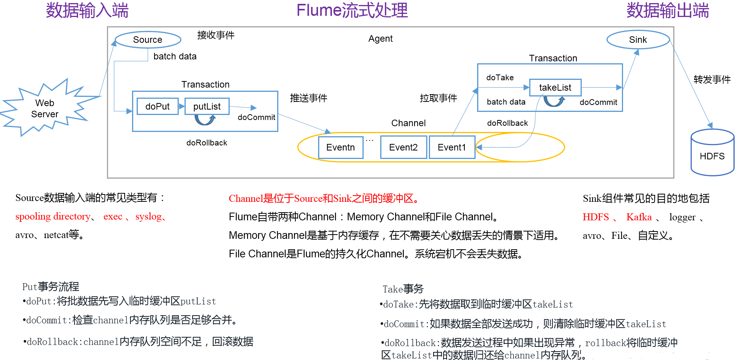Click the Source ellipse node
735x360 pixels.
(148, 40)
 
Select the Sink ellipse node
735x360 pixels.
(638, 40)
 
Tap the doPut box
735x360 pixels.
(157, 106)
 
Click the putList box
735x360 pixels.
(207, 106)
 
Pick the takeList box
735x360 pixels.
(555, 88)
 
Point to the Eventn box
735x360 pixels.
(340, 147)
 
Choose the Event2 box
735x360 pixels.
(403, 147)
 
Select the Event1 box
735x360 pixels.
(452, 147)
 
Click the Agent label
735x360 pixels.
(380, 39)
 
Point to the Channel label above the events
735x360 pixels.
(408, 123)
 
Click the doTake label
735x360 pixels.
(500, 78)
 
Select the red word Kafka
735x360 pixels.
(639, 217)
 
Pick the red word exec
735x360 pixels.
(113, 217)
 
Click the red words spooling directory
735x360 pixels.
(53, 217)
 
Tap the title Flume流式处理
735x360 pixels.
(352, 10)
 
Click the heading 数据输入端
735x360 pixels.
(87, 10)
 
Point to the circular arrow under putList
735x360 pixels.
(205, 120)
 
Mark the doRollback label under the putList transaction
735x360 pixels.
(207, 143)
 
